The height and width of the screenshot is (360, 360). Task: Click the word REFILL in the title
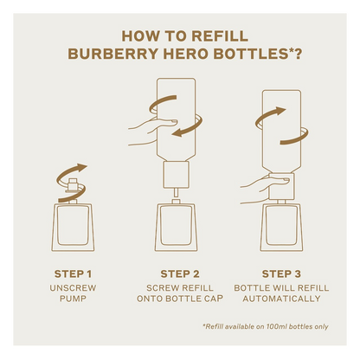coord(219,36)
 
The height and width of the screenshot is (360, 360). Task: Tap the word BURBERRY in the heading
coord(113,54)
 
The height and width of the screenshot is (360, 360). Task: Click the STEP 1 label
coord(73,274)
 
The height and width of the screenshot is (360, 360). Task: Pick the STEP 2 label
coord(180,274)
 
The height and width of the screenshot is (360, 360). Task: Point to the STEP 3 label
coord(281,274)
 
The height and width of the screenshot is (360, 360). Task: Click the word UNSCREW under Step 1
coord(73,288)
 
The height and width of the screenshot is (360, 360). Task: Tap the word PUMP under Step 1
coord(73,299)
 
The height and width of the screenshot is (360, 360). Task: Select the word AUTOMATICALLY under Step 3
coord(281,299)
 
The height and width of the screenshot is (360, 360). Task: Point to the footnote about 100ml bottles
coord(266,326)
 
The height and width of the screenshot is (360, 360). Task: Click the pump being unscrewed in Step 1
coord(73,185)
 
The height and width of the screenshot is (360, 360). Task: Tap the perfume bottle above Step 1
coord(73,226)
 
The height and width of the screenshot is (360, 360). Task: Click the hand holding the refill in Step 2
coord(151,132)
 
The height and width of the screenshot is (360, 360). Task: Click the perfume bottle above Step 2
coord(177,226)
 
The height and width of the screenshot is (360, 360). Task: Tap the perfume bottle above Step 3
coord(281,226)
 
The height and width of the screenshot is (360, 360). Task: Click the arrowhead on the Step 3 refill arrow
coord(279,111)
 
